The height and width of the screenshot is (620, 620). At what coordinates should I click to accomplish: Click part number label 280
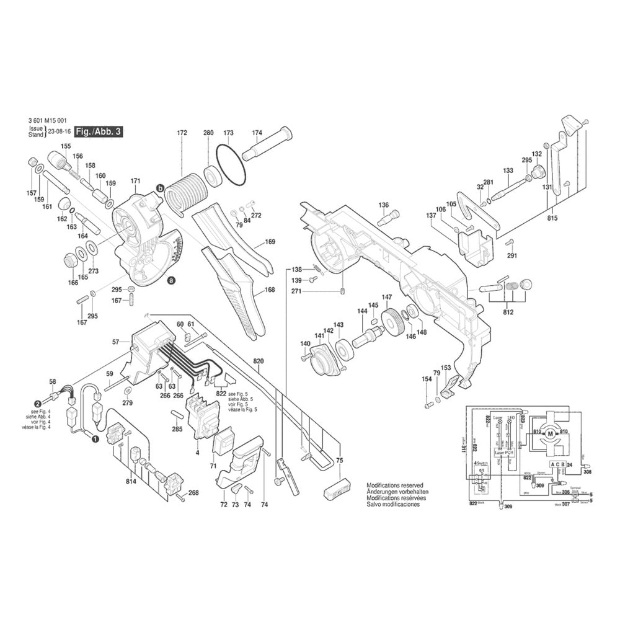(208, 133)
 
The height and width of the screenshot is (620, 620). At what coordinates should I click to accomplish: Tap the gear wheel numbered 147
(392, 321)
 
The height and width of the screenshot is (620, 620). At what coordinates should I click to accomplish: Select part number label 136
(384, 205)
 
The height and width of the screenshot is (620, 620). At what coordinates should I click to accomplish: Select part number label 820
(259, 360)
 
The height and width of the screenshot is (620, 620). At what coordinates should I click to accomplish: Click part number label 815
(552, 218)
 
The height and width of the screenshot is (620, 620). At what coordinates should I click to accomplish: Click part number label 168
(270, 289)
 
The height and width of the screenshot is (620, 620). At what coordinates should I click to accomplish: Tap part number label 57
(115, 342)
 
